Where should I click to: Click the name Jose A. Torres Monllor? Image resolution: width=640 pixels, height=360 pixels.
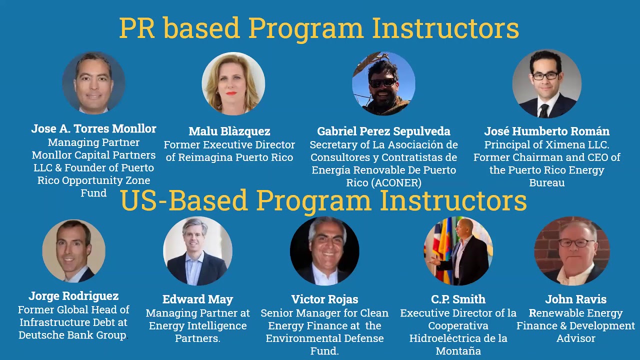pos(93,128)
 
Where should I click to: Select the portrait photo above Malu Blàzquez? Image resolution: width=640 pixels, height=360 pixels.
pos(233,83)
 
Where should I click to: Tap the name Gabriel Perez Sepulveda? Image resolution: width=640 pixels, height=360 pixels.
pos(383,131)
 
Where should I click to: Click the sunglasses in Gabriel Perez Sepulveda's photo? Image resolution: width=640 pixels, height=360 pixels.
pos(382,82)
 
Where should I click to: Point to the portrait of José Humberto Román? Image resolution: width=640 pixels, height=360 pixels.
pos(546,83)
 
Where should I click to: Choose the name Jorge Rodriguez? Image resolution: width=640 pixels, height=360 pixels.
pos(73,296)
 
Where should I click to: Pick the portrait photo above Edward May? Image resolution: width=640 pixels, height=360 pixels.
pos(197,251)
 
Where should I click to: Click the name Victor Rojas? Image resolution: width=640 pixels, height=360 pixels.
pos(324,299)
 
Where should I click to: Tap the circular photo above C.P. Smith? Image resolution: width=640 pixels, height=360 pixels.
pos(458,251)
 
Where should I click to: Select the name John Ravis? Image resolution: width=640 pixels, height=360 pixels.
pos(575,299)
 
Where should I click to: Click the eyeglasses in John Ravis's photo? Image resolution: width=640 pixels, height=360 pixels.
pos(576,243)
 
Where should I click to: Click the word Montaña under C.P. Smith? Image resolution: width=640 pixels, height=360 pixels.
pos(458,351)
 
